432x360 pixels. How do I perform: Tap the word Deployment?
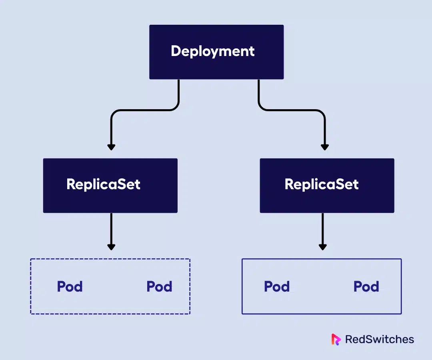[212, 51]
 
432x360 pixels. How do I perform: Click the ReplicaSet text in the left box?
[103, 184]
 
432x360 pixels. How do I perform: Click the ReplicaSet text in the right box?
[322, 184]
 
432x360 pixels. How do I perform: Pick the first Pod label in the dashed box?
[70, 286]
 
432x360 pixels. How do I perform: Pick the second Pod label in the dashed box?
[159, 286]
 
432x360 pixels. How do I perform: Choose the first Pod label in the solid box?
[277, 286]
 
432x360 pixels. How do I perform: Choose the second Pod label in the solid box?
[366, 286]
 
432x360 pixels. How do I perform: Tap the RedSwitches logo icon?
[336, 340]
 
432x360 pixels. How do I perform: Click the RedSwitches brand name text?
[379, 340]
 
